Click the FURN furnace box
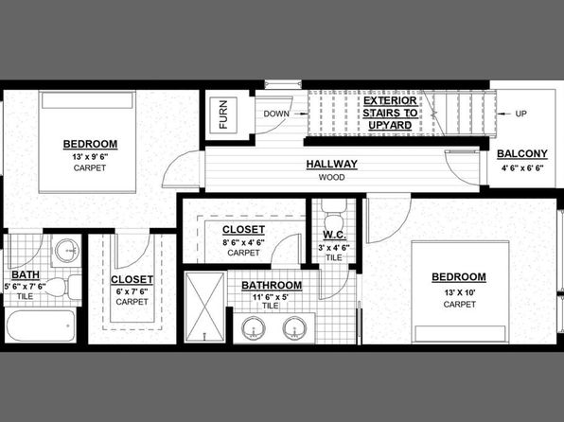pyautogui.click(x=223, y=114)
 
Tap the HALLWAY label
pyautogui.click(x=331, y=164)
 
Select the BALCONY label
pyautogui.click(x=522, y=154)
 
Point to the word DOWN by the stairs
pyautogui.click(x=276, y=114)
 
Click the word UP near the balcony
pyautogui.click(x=520, y=114)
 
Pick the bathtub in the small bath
pyautogui.click(x=41, y=325)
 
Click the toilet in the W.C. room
pyautogui.click(x=333, y=215)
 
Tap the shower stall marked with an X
pyautogui.click(x=204, y=307)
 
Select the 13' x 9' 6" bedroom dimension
pyautogui.click(x=90, y=157)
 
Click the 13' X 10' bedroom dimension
pyautogui.click(x=459, y=292)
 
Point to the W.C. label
pyautogui.click(x=334, y=235)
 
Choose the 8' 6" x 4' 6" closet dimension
pyautogui.click(x=243, y=242)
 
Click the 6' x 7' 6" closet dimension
pyautogui.click(x=132, y=291)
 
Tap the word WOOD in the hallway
pyautogui.click(x=331, y=177)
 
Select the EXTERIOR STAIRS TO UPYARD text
pyautogui.click(x=390, y=113)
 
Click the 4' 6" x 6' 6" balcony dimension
pyautogui.click(x=522, y=167)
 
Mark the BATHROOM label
pyautogui.click(x=272, y=286)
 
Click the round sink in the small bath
pyautogui.click(x=67, y=250)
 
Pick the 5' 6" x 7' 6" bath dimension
pyautogui.click(x=26, y=287)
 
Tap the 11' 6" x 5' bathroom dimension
pyautogui.click(x=271, y=297)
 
